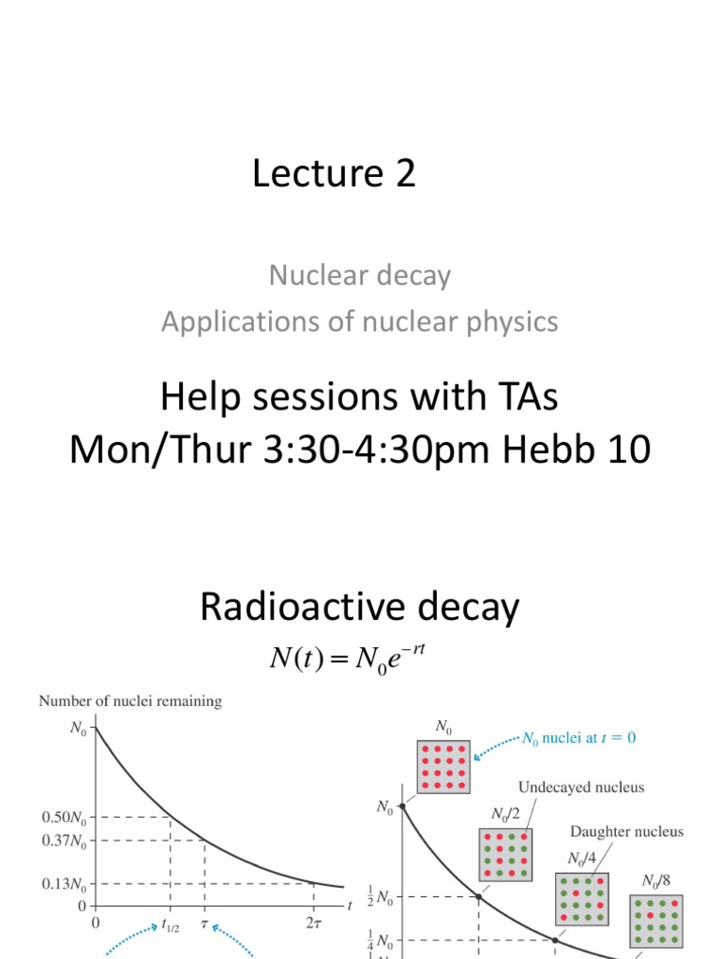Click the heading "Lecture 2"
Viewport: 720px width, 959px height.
point(333,174)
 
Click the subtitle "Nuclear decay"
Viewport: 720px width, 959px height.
point(359,275)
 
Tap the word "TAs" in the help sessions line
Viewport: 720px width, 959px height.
point(519,397)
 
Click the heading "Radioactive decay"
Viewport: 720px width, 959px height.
point(359,609)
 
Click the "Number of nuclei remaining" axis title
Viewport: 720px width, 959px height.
point(130,701)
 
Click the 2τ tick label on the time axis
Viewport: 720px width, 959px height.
point(313,922)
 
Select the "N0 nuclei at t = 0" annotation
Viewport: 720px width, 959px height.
point(577,738)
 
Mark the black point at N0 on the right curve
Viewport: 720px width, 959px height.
point(402,805)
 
